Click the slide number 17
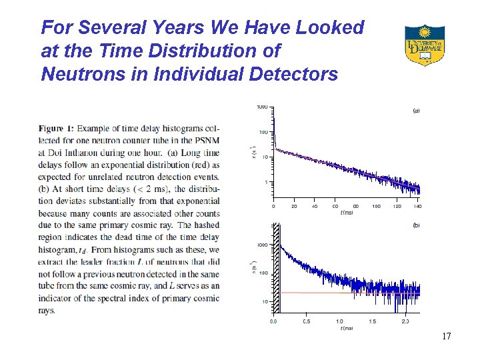(446, 337)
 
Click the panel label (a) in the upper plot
(416, 111)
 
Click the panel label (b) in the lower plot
(416, 226)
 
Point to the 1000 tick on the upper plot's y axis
(263, 107)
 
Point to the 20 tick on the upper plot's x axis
(294, 207)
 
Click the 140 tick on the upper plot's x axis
(417, 207)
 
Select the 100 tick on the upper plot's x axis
(377, 207)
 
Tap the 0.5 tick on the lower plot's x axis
(306, 321)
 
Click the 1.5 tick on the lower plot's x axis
(372, 321)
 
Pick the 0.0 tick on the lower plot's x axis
(274, 321)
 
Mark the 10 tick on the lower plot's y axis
(265, 301)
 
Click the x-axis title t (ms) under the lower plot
(347, 328)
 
